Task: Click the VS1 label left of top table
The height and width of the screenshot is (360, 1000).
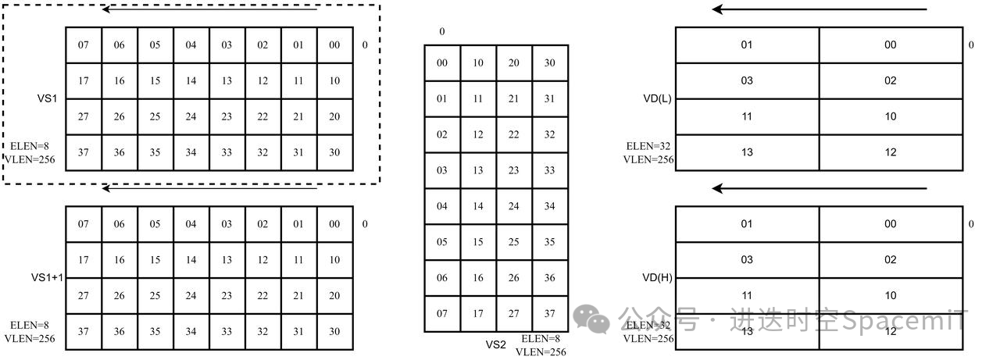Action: coord(47,99)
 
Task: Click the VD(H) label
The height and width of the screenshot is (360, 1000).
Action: coord(656,277)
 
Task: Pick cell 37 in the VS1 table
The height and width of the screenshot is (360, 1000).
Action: coord(83,152)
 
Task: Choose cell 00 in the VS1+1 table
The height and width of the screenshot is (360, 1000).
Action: coord(334,224)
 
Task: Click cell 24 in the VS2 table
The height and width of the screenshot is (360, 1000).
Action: coord(513,206)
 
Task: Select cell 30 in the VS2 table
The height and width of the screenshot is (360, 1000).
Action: coord(549,62)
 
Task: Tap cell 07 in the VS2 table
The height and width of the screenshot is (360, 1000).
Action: coord(442,314)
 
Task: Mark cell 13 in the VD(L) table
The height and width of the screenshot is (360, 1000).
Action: coord(747,152)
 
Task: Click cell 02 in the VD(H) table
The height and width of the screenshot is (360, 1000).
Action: coord(891,260)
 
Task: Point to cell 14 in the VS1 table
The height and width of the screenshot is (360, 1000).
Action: coord(191,80)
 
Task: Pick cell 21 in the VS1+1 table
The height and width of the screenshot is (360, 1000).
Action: coord(298,296)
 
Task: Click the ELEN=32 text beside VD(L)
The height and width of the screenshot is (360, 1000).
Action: coord(648,146)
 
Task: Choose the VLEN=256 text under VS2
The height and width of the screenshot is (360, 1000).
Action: coord(541,351)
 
